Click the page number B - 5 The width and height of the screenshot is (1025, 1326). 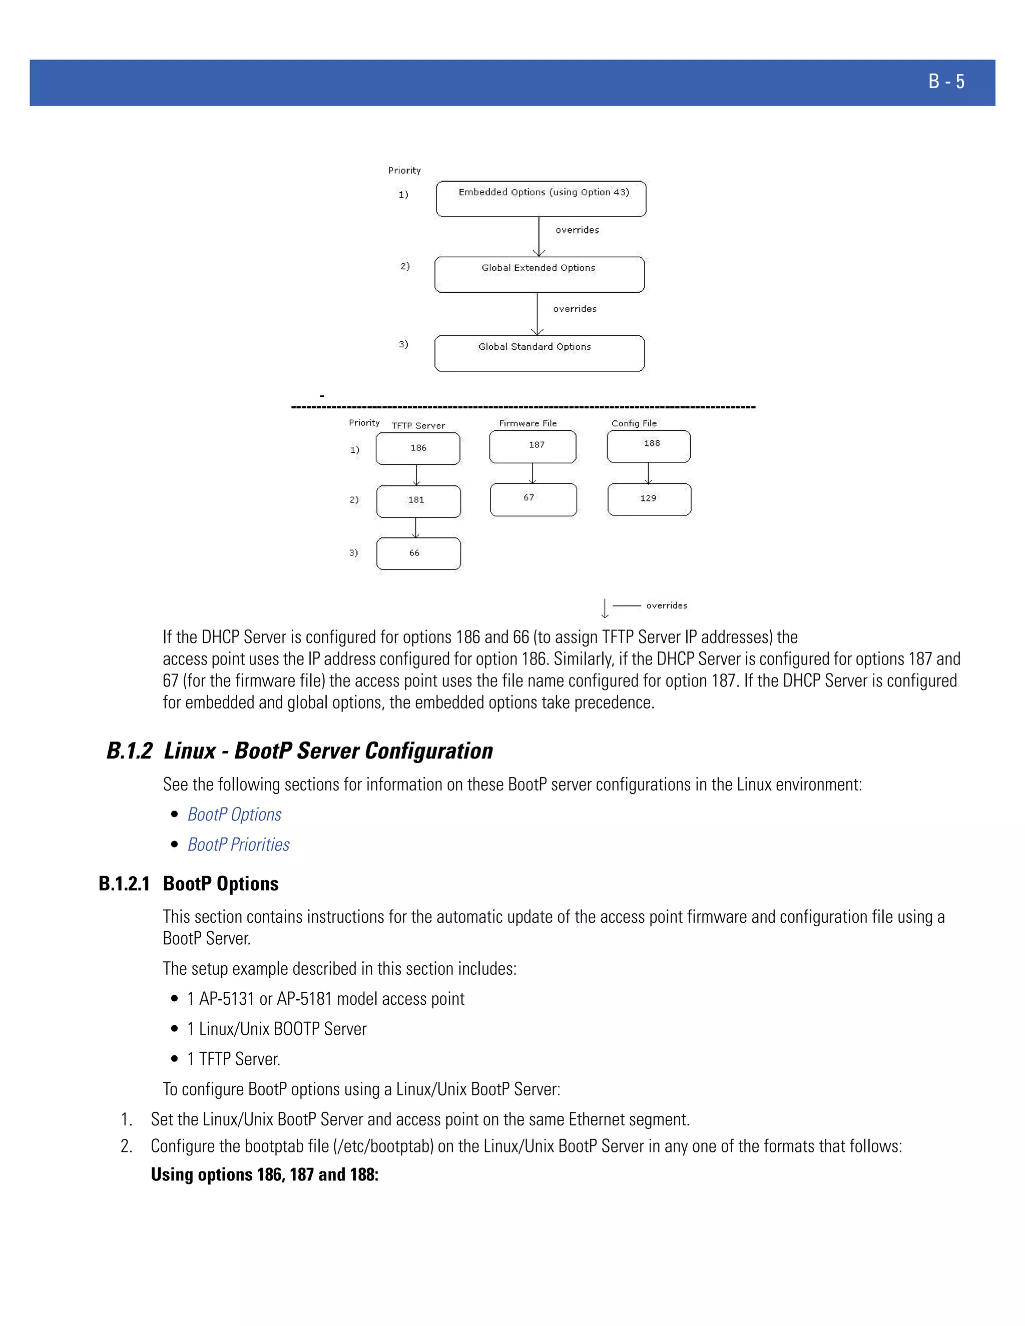[945, 82]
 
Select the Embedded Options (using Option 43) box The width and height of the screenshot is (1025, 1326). [541, 199]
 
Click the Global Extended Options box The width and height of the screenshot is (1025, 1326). [539, 274]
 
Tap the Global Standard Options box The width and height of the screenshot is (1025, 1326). [539, 353]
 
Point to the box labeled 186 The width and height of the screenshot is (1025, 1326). [418, 449]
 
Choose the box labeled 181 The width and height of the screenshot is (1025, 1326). [418, 501]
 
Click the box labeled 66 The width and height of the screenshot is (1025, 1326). [418, 554]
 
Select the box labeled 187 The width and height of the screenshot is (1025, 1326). [533, 447]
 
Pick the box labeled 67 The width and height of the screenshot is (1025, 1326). [533, 500]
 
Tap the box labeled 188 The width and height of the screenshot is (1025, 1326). [649, 446]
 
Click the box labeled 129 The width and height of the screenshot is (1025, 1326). [649, 499]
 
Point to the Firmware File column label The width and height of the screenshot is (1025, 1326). [528, 423]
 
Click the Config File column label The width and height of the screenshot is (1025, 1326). [634, 423]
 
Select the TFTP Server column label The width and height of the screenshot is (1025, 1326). [418, 426]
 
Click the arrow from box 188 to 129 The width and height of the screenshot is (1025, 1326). [649, 473]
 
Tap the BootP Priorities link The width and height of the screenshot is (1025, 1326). [238, 845]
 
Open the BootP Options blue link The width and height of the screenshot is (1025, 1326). [234, 814]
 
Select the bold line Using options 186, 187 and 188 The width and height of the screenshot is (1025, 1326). [264, 1174]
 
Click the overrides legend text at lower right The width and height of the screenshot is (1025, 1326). [667, 605]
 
